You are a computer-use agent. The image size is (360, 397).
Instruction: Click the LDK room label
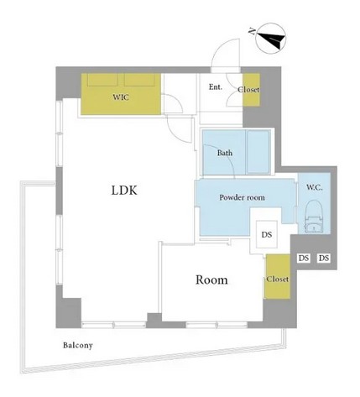(124, 191)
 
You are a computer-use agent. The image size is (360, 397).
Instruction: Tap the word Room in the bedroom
(211, 279)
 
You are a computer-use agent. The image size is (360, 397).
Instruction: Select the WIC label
(121, 97)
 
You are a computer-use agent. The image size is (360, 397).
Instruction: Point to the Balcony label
(78, 345)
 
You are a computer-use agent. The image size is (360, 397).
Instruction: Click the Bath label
(225, 153)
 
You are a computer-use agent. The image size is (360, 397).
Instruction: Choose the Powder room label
(242, 197)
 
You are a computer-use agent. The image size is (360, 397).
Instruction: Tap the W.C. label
(315, 187)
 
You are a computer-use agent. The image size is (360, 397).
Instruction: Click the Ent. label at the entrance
(216, 87)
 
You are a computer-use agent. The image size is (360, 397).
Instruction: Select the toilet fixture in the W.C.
(315, 216)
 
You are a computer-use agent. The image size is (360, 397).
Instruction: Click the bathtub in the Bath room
(258, 152)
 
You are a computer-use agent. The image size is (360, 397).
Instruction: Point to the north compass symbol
(271, 39)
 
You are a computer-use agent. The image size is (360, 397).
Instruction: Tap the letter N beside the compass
(252, 31)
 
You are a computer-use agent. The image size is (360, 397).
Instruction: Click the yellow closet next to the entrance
(251, 90)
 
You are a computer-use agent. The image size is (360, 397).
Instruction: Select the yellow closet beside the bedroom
(278, 276)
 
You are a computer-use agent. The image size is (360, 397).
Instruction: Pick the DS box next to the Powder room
(267, 234)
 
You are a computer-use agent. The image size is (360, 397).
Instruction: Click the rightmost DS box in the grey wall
(324, 258)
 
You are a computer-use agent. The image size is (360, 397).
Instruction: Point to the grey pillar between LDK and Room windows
(154, 321)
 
